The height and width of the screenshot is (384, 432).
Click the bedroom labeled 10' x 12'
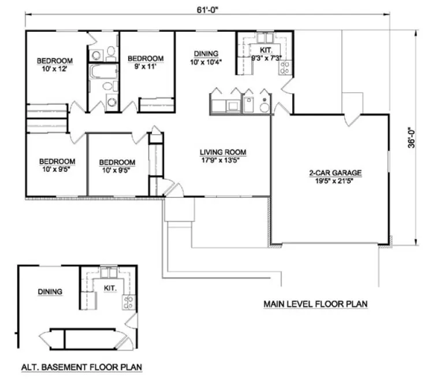(x=55, y=65)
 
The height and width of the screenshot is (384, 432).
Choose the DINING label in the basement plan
(x=50, y=292)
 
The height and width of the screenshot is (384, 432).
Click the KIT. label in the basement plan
(x=110, y=287)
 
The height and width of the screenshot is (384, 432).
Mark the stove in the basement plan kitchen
(x=128, y=301)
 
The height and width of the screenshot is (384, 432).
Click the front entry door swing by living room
(x=172, y=189)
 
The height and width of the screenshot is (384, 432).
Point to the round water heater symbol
(x=265, y=107)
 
